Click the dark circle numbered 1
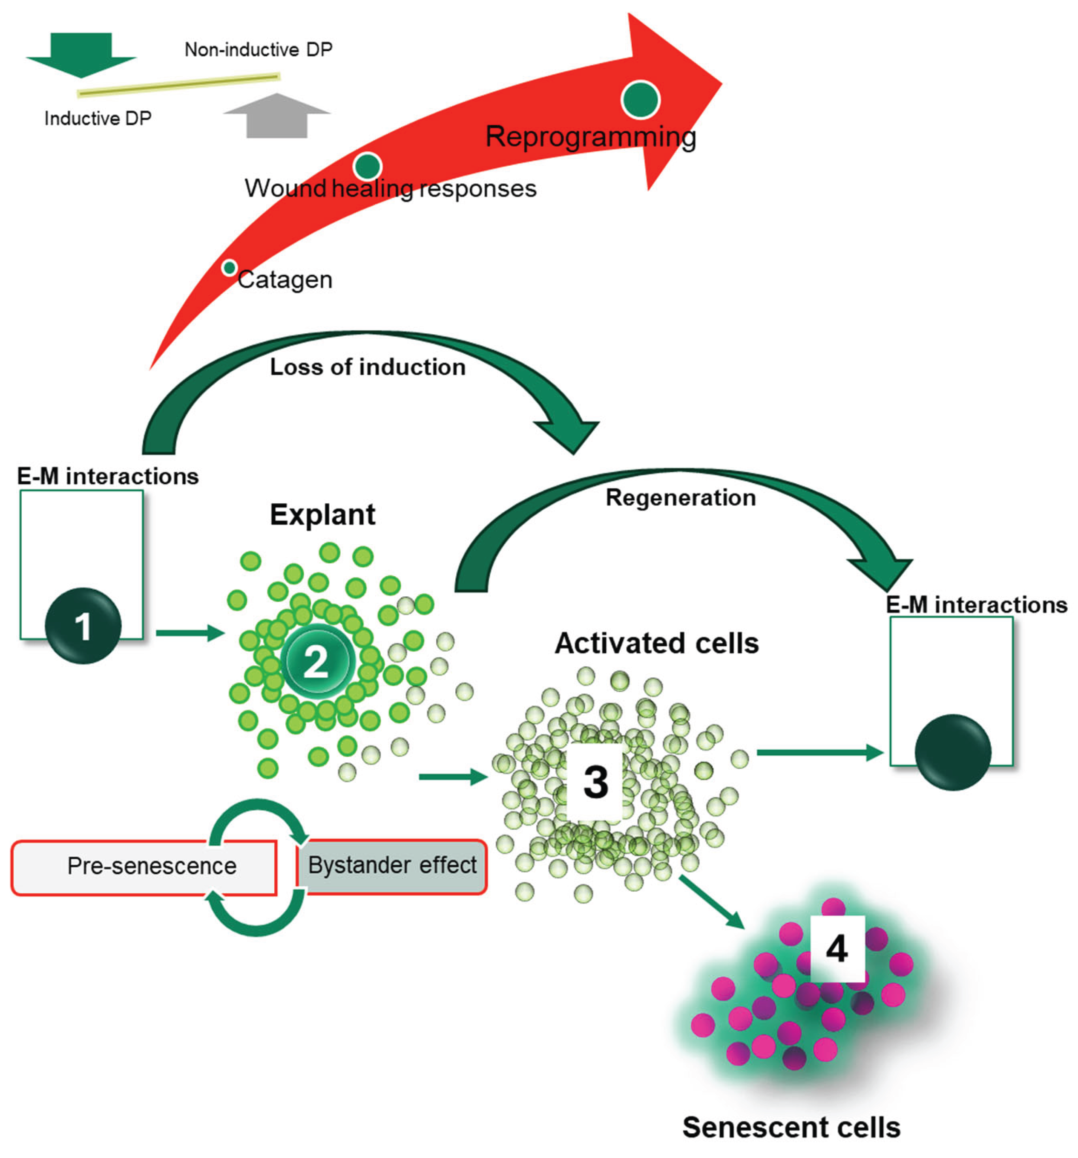click(83, 626)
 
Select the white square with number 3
click(595, 782)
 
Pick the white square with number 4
click(837, 949)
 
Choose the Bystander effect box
click(392, 866)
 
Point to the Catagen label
click(285, 280)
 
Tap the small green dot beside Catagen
click(229, 268)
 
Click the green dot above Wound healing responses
click(367, 167)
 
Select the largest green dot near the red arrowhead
click(640, 100)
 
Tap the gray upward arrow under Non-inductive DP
click(277, 116)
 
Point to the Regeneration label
click(681, 498)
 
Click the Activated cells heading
click(657, 643)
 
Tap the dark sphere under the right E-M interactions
click(952, 752)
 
